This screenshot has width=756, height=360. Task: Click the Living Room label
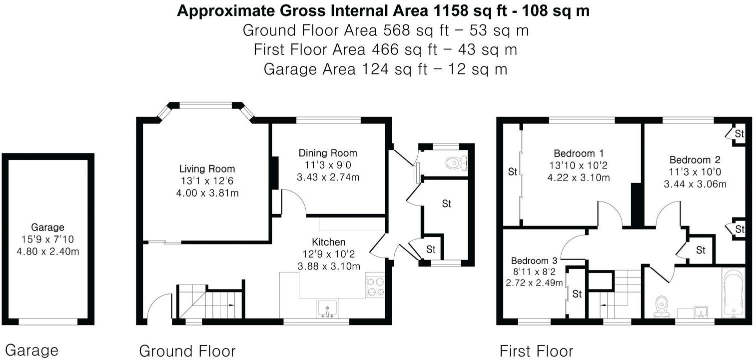pos(207,169)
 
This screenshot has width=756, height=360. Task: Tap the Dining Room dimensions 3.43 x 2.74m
pos(328,177)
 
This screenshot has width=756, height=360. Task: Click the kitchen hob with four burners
pos(375,286)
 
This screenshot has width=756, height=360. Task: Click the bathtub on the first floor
pos(733,292)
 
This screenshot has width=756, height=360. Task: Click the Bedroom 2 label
pos(695,160)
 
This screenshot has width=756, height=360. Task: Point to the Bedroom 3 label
pos(534,260)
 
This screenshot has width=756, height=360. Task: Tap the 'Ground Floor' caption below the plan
pos(187,350)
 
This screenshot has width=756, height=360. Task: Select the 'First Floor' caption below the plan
pos(536,350)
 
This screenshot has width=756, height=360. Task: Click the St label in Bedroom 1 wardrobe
pos(512,172)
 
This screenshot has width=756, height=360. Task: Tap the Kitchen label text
pos(328,242)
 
